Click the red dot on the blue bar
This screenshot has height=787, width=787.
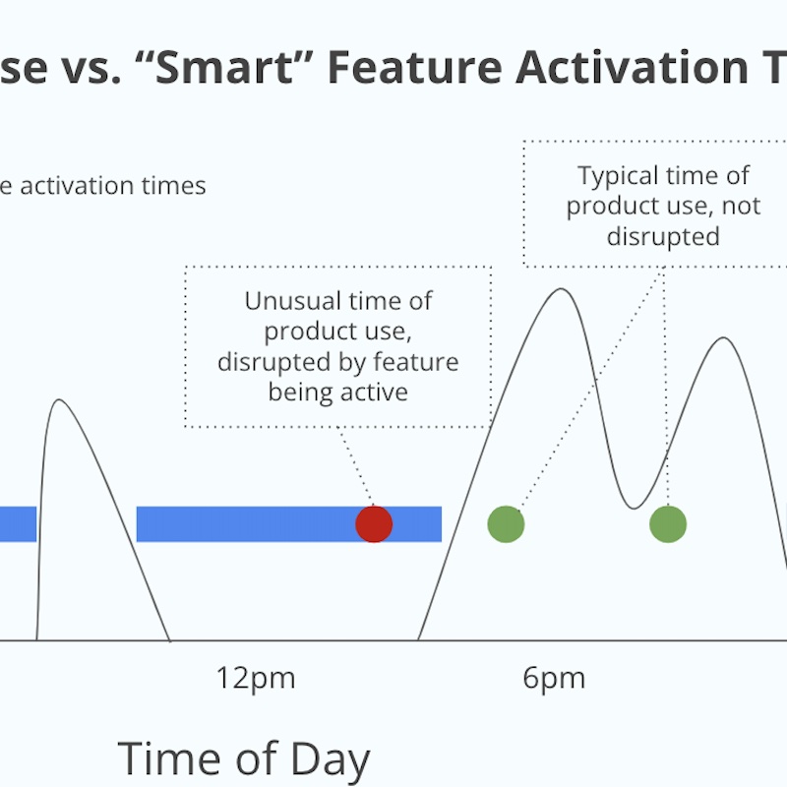(x=374, y=524)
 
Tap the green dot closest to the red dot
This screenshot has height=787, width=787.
(x=506, y=524)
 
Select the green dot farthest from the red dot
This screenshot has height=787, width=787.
(x=667, y=524)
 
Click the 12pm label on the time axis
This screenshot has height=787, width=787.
(x=256, y=678)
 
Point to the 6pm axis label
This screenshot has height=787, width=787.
(x=554, y=678)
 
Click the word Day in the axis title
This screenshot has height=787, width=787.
(x=331, y=759)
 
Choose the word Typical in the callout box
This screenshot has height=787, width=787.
(x=617, y=176)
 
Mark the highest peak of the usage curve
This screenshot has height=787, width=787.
(x=560, y=289)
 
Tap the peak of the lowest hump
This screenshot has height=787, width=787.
(x=59, y=400)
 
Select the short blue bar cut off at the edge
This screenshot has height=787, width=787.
(x=17, y=524)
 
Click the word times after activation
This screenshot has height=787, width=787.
(x=178, y=186)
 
